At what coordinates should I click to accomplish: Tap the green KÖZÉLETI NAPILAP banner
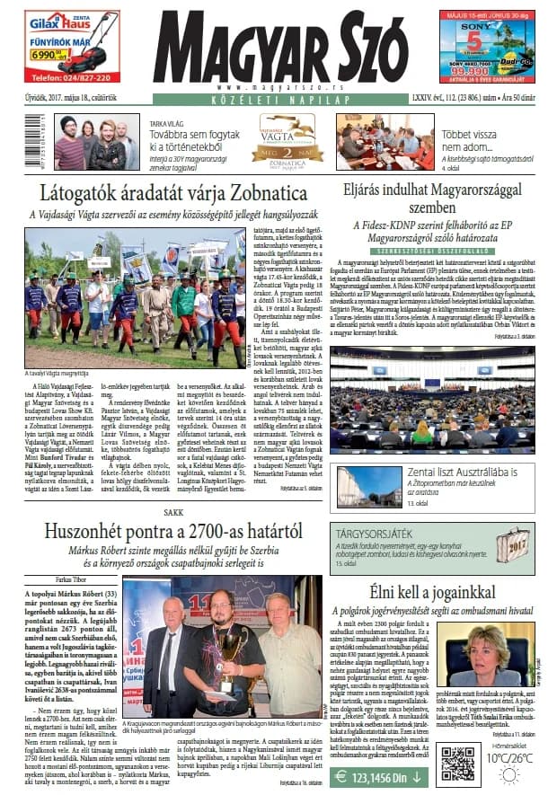pos(278,99)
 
